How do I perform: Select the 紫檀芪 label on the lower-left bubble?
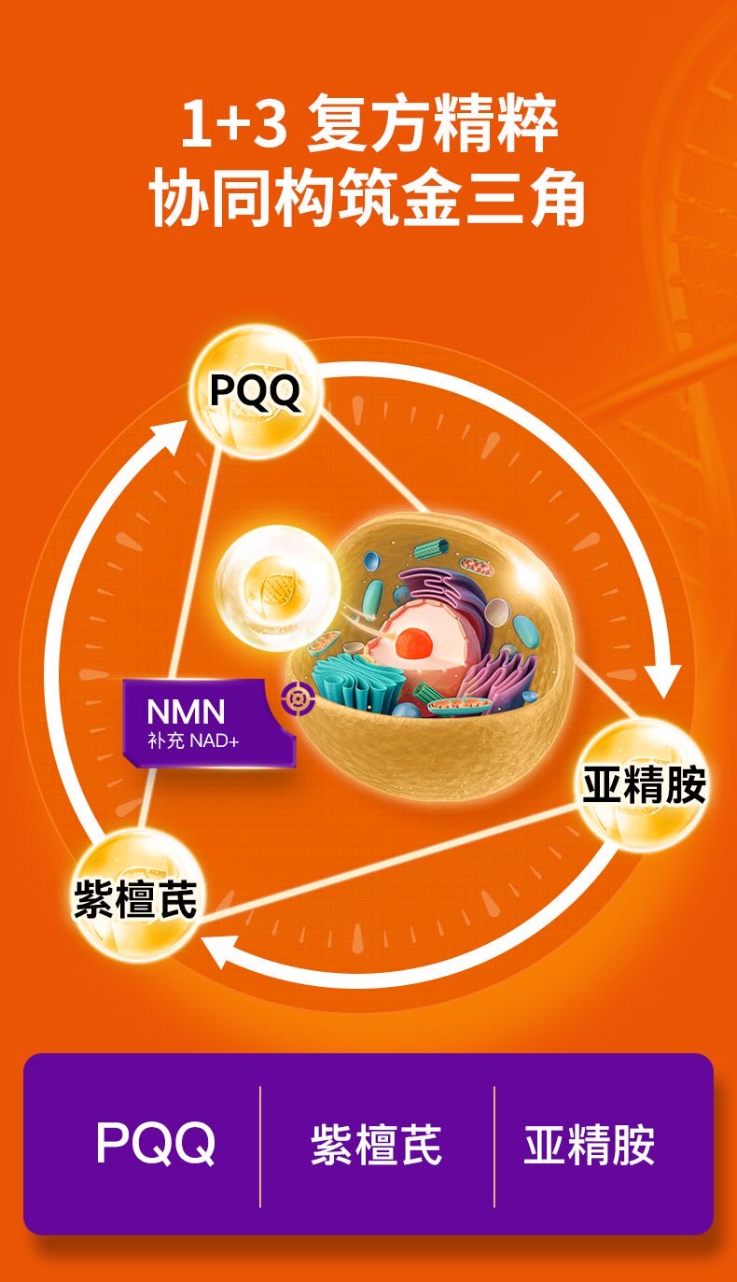(135, 899)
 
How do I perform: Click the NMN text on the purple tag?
(186, 712)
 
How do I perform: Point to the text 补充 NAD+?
(193, 741)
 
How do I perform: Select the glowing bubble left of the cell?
(277, 587)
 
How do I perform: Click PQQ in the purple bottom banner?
(156, 1144)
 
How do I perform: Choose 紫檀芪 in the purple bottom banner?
(376, 1145)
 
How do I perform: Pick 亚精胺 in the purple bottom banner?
(589, 1145)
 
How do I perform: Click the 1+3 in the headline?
(232, 127)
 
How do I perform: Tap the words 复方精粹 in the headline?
(432, 127)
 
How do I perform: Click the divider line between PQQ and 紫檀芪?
(259, 1146)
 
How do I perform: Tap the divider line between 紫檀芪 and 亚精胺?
(494, 1146)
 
